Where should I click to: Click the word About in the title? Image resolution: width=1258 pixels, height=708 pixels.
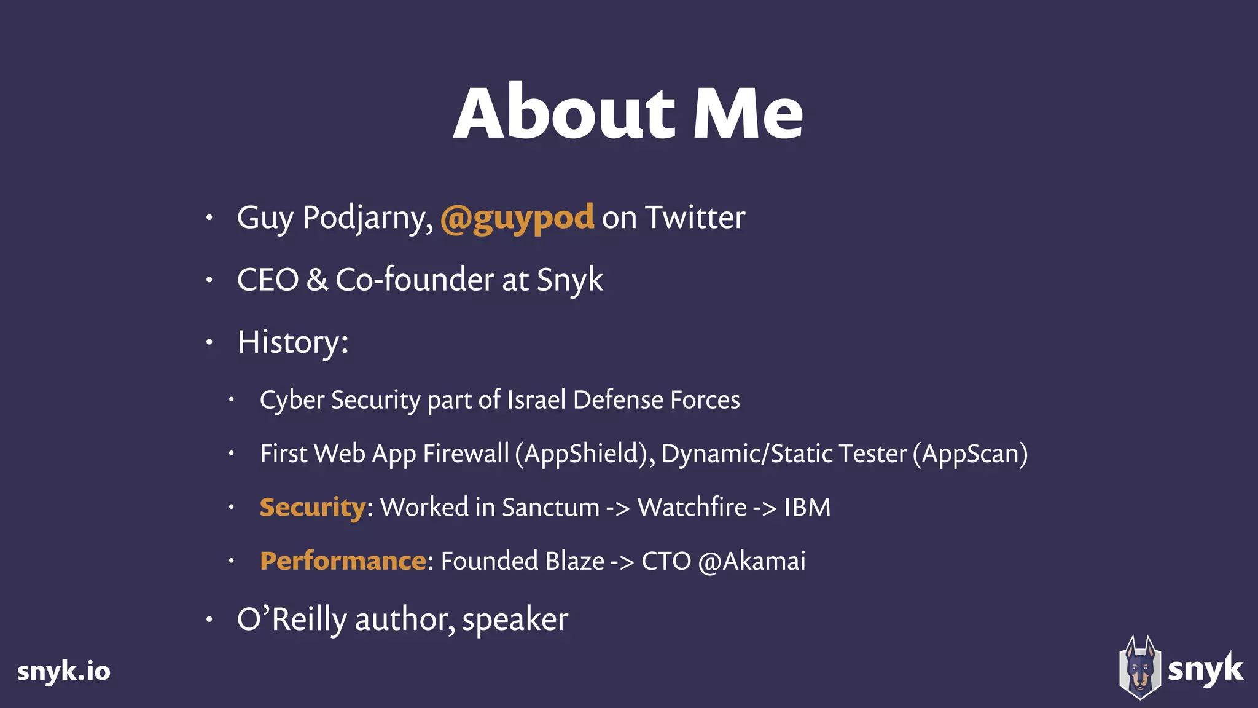(564, 114)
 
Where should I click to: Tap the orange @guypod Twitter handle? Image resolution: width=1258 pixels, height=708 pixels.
(517, 218)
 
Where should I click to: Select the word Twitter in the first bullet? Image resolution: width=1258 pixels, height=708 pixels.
(695, 218)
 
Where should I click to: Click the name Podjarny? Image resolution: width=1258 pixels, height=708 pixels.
(367, 219)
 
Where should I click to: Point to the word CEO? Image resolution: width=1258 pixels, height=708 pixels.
(268, 280)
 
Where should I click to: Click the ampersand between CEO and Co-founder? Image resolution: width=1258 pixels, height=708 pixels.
(317, 280)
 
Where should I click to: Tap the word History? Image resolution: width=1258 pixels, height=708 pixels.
(292, 342)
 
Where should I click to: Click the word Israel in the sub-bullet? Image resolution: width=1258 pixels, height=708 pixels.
(536, 400)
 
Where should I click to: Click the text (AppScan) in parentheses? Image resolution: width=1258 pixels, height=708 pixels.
(970, 454)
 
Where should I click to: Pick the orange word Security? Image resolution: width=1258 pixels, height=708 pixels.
(313, 508)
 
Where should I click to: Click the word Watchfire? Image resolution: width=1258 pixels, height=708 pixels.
(692, 508)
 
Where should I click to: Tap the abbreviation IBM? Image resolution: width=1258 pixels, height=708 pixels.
(807, 508)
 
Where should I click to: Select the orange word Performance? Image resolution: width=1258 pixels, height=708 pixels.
(343, 561)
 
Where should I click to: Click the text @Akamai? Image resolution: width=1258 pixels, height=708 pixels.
(751, 561)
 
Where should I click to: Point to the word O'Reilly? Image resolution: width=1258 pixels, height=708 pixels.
(292, 619)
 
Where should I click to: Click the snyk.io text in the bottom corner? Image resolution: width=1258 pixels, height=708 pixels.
(64, 671)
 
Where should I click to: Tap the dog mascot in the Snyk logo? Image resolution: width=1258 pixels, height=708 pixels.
(1139, 668)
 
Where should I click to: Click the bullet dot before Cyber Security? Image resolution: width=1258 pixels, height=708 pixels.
(232, 400)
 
